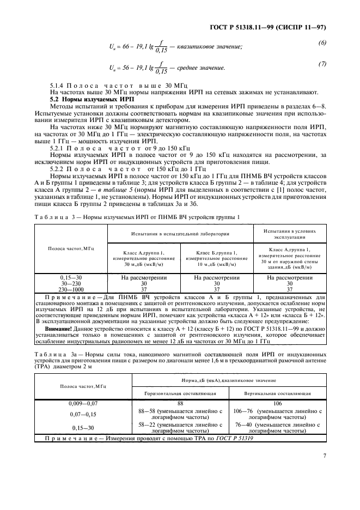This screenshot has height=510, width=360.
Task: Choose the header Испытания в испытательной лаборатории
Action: [x=180, y=233]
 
